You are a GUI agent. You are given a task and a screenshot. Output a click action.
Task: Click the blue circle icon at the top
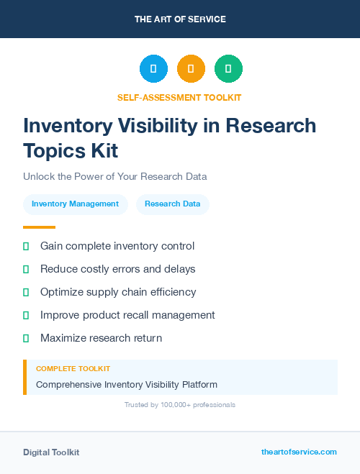[x=153, y=69]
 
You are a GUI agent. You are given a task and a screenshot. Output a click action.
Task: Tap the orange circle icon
[x=191, y=69]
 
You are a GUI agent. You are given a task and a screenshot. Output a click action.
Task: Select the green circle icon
[x=228, y=69]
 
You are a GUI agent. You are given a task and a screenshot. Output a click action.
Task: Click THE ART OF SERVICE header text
[x=180, y=19]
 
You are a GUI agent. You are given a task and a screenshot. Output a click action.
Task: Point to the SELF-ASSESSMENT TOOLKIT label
[x=179, y=97]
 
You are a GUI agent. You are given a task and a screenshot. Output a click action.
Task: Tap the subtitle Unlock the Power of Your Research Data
[x=114, y=176]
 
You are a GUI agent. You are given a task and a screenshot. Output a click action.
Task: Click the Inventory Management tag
[x=75, y=204]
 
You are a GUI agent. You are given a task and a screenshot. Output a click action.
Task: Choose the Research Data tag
[x=172, y=204]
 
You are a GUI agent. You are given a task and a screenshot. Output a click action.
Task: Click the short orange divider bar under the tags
[x=39, y=227]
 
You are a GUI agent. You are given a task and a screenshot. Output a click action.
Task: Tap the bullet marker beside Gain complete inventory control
[x=26, y=247]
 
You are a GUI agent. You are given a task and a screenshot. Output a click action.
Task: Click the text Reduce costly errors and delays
[x=117, y=269]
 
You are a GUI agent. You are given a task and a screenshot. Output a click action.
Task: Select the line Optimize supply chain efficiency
[x=117, y=292]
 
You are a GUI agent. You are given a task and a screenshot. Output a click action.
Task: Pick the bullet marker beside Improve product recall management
[x=26, y=315]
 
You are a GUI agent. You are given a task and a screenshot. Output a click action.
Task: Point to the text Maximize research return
[x=101, y=338]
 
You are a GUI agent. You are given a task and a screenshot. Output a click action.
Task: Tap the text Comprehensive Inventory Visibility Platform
[x=127, y=384]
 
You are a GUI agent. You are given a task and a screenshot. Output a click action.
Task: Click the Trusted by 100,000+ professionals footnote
[x=180, y=405]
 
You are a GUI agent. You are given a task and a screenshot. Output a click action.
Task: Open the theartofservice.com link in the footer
[x=299, y=452]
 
